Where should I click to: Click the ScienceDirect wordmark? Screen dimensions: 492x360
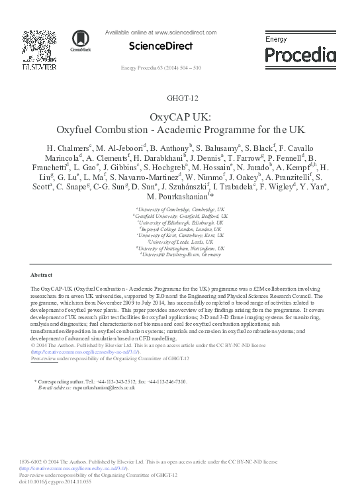pos(161,46)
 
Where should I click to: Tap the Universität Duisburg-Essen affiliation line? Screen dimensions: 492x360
pos(180,254)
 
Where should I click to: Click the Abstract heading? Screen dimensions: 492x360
pos(42,274)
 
